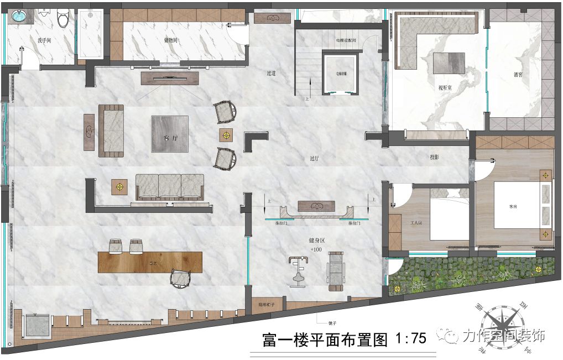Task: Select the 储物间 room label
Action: coord(171,40)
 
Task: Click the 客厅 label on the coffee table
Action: coord(170,138)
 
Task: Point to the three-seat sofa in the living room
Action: coord(170,187)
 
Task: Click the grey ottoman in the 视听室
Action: coord(450,62)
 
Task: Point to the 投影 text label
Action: coord(435,157)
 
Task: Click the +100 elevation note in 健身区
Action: coord(316,250)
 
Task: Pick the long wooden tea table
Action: coord(150,262)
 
